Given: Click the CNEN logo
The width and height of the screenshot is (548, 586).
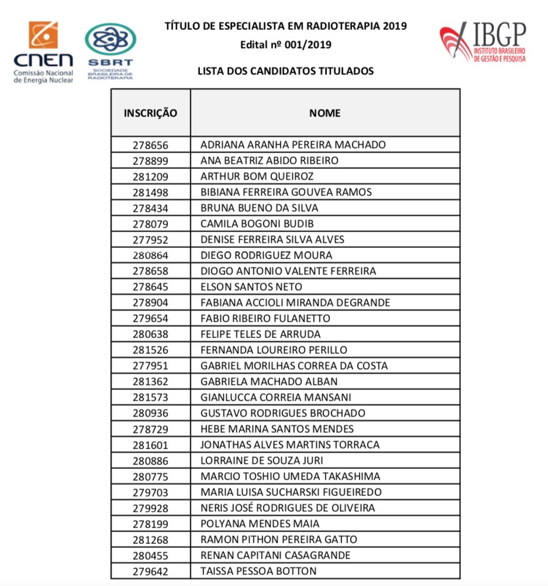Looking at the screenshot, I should coord(43,52).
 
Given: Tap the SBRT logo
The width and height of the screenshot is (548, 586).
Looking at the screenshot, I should coord(110,51).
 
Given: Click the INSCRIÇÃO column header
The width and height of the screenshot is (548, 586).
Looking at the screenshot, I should coord(150,113).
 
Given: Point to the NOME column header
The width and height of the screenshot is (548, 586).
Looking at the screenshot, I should coord(325,113).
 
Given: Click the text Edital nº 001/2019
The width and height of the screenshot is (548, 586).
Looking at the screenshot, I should coord(286,44).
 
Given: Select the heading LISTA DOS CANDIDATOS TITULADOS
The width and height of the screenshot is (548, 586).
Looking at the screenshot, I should coord(286,71).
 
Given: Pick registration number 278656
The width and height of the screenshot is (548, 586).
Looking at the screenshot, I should coord(150,144).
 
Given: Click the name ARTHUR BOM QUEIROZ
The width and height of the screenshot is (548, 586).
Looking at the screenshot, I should coord(257,176).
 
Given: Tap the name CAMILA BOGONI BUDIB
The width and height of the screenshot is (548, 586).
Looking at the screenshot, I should coord(257,223).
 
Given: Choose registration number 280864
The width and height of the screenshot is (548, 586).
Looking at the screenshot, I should coord(150,255).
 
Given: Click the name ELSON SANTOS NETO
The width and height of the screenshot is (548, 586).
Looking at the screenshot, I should coord(251,287).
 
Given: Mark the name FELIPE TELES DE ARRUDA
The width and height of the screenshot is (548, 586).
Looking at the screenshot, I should coord(260,334).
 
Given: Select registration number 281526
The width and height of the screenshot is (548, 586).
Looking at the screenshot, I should coord(150,350).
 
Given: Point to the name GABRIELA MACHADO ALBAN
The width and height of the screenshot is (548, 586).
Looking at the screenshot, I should coord(268,381).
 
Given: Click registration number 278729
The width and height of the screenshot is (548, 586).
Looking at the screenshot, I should coord(150,429).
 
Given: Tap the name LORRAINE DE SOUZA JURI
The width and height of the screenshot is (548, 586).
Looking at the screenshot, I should coord(261,460).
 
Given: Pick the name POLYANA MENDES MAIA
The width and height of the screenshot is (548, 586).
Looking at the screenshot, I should coord(260,523).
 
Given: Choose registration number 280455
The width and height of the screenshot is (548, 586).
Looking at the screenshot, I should coord(150,555).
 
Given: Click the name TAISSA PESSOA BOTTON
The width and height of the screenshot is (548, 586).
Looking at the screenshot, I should coord(258,571).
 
